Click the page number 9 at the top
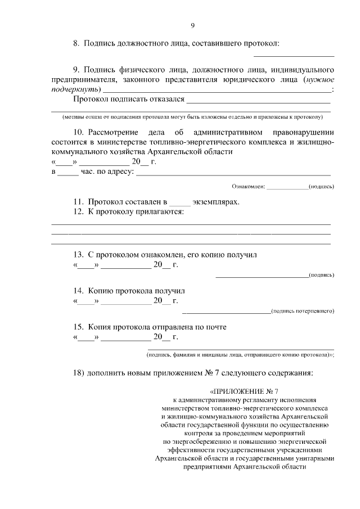coord(192,25)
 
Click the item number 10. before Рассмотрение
coord(79,132)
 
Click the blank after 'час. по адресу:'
coord(233,173)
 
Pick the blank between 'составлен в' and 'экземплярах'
coord(180,202)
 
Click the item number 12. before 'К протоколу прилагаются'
coord(79,211)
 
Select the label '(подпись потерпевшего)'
coord(303,310)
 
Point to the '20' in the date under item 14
coord(158,301)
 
